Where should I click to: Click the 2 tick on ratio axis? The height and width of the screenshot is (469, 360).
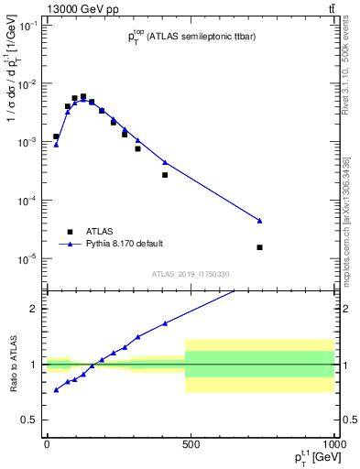(34, 309)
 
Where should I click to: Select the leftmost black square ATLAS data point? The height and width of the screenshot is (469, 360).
(56, 136)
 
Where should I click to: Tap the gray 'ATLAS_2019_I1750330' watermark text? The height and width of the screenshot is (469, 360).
(190, 274)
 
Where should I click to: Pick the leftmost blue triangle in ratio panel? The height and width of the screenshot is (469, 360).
(56, 390)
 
